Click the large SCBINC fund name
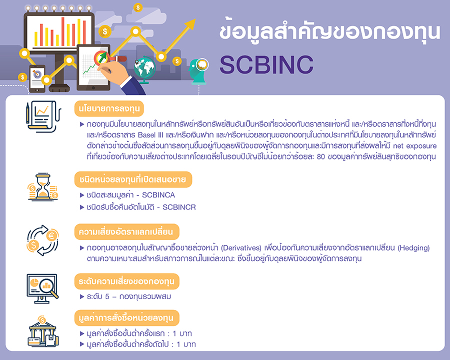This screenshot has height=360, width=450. pyautogui.click(x=266, y=64)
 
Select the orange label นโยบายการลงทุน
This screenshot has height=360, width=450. pyautogui.click(x=109, y=108)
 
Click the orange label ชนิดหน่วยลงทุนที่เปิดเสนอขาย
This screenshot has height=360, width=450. pyautogui.click(x=133, y=179)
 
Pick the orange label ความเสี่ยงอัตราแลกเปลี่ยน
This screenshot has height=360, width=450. pyautogui.click(x=126, y=231)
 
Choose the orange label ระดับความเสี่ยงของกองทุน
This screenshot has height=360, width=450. pyautogui.click(x=126, y=281)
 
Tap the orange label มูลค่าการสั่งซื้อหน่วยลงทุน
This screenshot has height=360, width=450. pyautogui.click(x=126, y=318)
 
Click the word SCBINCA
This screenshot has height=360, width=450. pyautogui.click(x=158, y=195)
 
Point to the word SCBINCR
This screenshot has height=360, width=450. pyautogui.click(x=179, y=207)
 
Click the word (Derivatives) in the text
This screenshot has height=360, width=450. pyautogui.click(x=241, y=248)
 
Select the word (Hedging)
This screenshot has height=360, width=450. pyautogui.click(x=413, y=248)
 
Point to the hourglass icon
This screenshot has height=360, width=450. pyautogui.click(x=43, y=186)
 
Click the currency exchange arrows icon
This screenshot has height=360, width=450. pyautogui.click(x=43, y=240)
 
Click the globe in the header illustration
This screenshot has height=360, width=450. pyautogui.click(x=144, y=68)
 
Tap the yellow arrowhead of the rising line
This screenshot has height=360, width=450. pyautogui.click(x=189, y=24)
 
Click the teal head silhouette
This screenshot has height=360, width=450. pyautogui.click(x=198, y=71)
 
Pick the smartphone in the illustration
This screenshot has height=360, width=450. pyautogui.click(x=37, y=78)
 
